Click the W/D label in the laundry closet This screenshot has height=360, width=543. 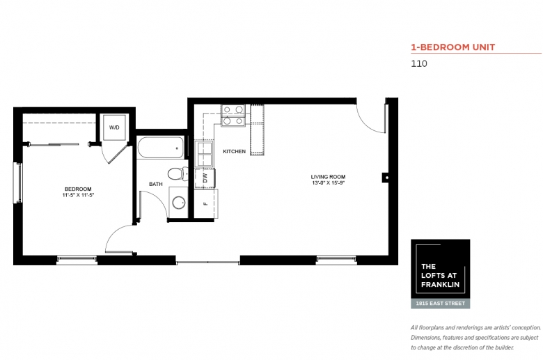(114, 127)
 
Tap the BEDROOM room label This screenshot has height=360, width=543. (78, 189)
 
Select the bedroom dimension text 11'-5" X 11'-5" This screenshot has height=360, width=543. (78, 195)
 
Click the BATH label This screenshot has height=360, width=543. (156, 184)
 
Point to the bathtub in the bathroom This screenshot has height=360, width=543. (160, 148)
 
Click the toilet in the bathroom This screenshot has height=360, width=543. (178, 173)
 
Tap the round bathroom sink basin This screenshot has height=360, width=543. (179, 203)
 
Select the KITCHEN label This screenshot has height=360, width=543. (235, 151)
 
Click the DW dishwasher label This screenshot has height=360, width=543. (205, 178)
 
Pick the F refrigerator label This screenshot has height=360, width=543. (205, 204)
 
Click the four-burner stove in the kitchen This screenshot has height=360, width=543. (233, 116)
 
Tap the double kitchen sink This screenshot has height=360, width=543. (204, 154)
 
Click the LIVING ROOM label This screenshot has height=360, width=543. (328, 177)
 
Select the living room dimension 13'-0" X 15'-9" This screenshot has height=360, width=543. (328, 182)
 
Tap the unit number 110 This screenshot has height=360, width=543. (419, 64)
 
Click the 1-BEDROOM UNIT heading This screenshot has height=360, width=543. (453, 47)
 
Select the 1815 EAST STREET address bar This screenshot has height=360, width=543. (441, 304)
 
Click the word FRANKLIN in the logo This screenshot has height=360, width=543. (440, 285)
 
